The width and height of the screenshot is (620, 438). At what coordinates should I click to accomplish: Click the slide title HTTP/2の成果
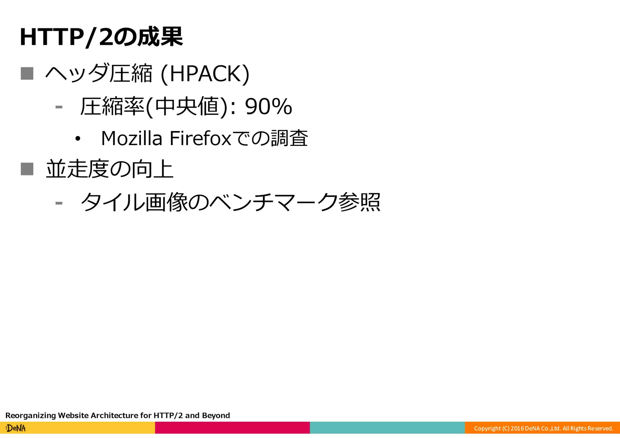point(101,37)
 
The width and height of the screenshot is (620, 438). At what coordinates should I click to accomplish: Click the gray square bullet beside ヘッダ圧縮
point(27,74)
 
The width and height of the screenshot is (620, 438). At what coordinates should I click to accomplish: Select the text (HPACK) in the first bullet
point(205,74)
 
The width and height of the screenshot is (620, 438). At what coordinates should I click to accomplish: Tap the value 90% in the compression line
point(268,107)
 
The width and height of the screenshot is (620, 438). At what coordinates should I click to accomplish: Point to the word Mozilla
point(131,138)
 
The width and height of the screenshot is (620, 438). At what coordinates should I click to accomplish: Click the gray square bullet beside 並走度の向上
point(27,169)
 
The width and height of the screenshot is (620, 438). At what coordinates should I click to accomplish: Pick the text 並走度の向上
point(109,169)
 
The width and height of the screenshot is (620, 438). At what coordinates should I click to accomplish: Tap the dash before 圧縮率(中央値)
point(59,107)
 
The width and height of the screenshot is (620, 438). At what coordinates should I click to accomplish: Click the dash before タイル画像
point(59,203)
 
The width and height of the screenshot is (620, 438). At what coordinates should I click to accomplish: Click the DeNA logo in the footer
point(16,428)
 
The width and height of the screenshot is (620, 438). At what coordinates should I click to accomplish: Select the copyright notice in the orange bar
point(543,428)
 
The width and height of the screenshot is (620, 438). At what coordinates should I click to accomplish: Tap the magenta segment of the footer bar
point(232,428)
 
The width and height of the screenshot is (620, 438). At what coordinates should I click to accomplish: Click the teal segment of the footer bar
point(387,428)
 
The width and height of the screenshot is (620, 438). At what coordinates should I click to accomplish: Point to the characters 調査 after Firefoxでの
point(289,138)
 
